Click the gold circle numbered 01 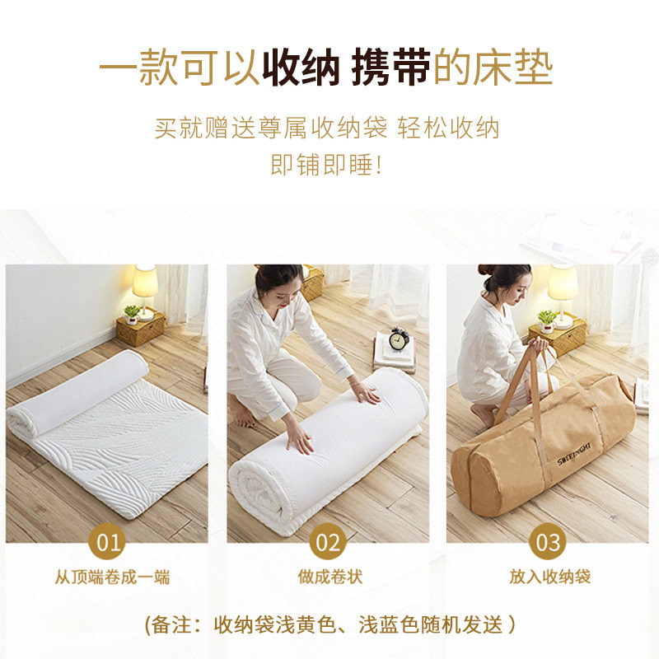point(109,543)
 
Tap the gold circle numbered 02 point(329,543)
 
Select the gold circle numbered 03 point(549,543)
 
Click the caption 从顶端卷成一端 point(112,577)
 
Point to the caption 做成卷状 point(329,577)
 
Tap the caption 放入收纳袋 point(549,577)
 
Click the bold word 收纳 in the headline point(301,70)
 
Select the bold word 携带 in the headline point(390,70)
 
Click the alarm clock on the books point(399,339)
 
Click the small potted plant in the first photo point(132,314)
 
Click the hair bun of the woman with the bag point(485,269)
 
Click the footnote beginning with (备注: point(329,624)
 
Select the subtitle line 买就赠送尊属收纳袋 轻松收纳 point(327,129)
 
